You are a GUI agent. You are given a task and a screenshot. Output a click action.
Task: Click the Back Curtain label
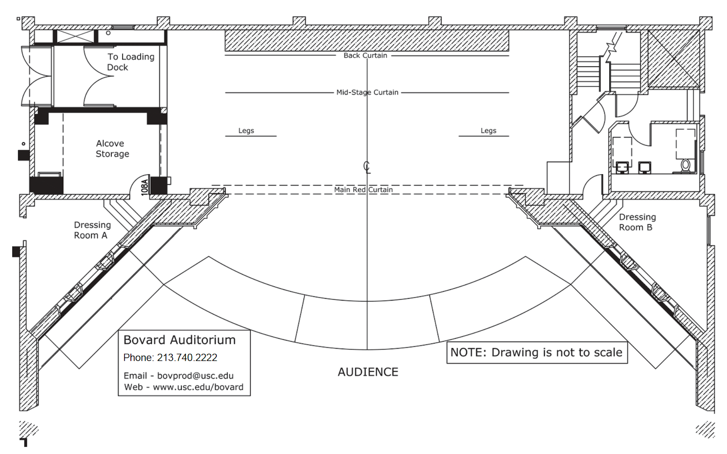pyautogui.click(x=365, y=55)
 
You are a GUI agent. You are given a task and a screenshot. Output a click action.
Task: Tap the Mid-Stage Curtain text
pyautogui.click(x=367, y=92)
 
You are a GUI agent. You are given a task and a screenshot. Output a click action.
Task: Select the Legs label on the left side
pyautogui.click(x=246, y=130)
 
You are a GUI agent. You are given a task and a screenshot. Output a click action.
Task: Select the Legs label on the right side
pyautogui.click(x=488, y=130)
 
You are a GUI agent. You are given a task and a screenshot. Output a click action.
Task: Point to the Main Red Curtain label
pyautogui.click(x=363, y=190)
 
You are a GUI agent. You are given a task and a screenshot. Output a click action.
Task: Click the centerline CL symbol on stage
pyautogui.click(x=367, y=167)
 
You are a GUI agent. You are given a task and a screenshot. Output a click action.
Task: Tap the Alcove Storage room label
pyautogui.click(x=112, y=149)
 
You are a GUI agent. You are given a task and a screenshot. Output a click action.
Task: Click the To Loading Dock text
pyautogui.click(x=130, y=62)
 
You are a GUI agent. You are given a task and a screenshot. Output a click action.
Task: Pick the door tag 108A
pyautogui.click(x=144, y=187)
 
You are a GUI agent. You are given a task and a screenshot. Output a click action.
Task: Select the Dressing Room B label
pyautogui.click(x=637, y=222)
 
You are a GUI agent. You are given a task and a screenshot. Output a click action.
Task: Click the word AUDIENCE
pyautogui.click(x=368, y=372)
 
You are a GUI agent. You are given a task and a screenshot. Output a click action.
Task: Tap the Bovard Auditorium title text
pyautogui.click(x=179, y=340)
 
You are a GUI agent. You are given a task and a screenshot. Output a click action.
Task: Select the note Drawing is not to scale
pyautogui.click(x=537, y=353)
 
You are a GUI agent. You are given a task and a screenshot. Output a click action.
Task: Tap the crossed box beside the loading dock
pyautogui.click(x=75, y=36)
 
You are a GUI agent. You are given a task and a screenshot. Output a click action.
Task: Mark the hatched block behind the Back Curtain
pyautogui.click(x=367, y=41)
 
